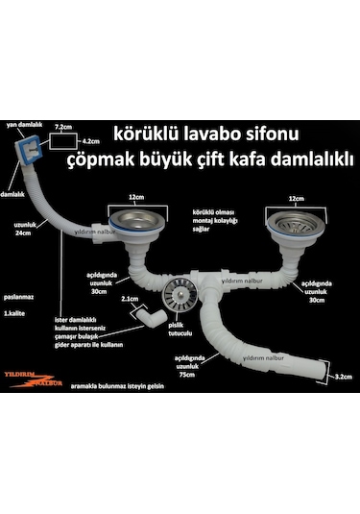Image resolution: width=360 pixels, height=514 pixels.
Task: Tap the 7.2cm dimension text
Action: pyautogui.click(x=64, y=126)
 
